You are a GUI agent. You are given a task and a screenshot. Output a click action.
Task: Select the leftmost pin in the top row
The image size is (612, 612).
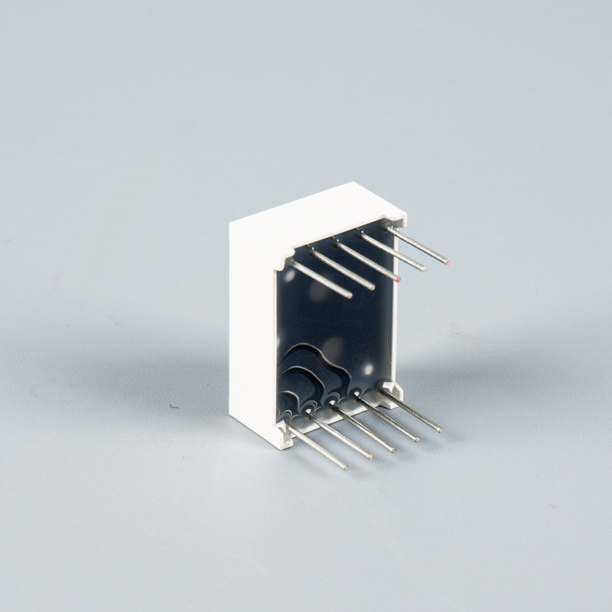point(321,279)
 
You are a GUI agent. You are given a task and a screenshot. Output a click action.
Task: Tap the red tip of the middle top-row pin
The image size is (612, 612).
point(398,279)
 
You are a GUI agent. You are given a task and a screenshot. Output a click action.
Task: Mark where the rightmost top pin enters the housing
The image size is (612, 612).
point(391,229)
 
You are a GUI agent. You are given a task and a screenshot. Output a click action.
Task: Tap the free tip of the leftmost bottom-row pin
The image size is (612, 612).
point(344,466)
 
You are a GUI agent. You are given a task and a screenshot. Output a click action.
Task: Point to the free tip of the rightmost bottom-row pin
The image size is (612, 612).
point(440,430)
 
